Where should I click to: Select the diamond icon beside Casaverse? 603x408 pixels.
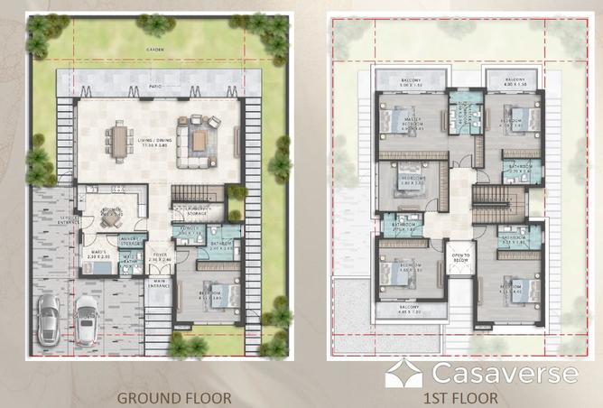coord(404,373)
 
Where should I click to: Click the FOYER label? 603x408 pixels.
coord(159,257)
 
